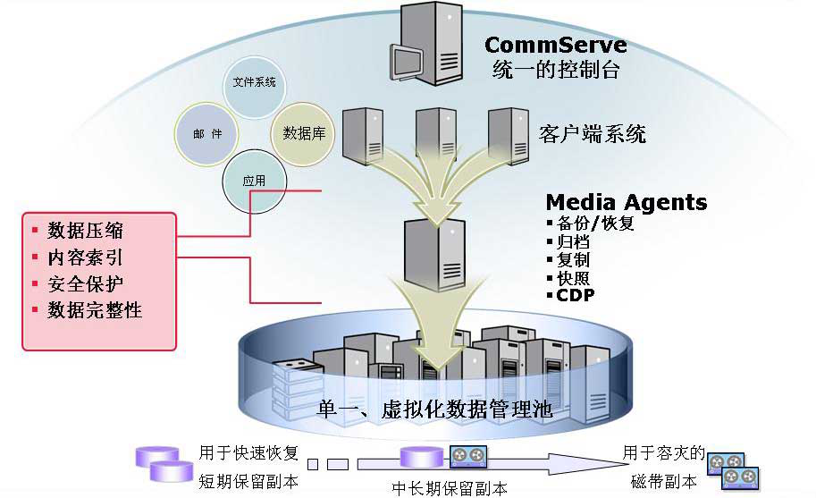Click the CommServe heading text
[x=555, y=45]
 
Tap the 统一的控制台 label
[x=555, y=71]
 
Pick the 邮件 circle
[x=207, y=133]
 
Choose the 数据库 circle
[x=303, y=133]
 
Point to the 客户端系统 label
[x=593, y=134]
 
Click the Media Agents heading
[x=626, y=202]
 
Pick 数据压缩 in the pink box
[x=85, y=231]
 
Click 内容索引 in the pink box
[x=85, y=257]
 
